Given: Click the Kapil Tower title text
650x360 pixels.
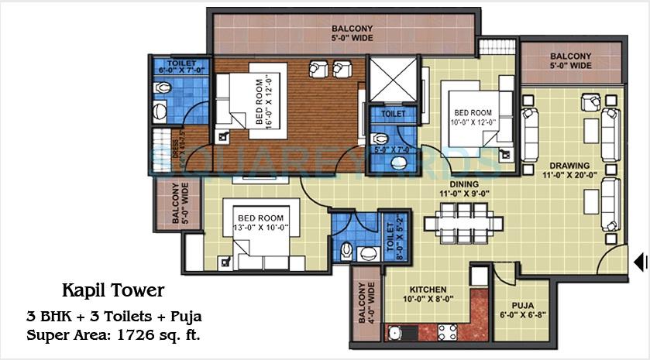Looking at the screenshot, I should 113,291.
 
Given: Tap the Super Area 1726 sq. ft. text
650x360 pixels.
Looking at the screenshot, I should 112,335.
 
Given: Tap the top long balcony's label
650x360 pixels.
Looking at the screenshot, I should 342,34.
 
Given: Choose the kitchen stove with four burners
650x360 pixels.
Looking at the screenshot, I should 448,333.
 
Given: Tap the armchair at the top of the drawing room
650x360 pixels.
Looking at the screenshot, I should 590,101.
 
